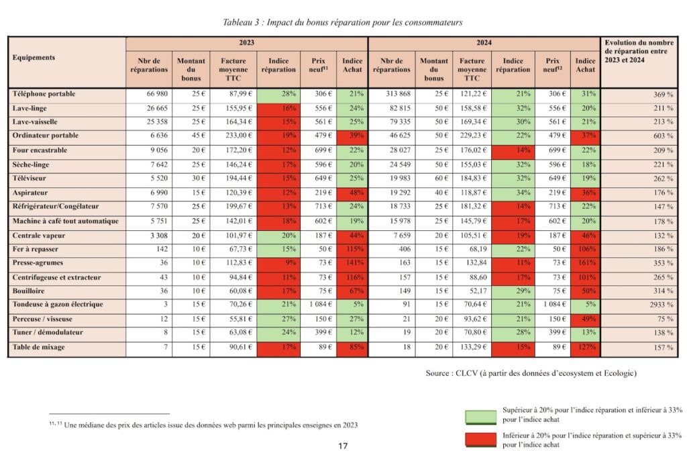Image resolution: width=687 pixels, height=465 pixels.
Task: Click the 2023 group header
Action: pos(246,42)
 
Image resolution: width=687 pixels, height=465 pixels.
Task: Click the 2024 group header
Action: pos(484,42)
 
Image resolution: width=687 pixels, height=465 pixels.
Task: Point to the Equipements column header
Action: pos(34,58)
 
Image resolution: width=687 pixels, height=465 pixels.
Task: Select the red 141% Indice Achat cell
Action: pos(352,262)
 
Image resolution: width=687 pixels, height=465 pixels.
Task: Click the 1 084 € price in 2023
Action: pos(317,305)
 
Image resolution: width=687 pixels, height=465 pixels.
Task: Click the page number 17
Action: pos(343,446)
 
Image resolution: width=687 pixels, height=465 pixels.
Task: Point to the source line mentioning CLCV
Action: pos(531,373)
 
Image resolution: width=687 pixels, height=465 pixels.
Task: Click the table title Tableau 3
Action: pos(343,22)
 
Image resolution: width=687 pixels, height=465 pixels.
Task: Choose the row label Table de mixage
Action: pos(40,347)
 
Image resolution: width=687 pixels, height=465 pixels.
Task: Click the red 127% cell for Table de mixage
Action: pos(584,347)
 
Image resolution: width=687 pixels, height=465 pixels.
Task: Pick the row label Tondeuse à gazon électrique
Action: pos(58,305)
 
